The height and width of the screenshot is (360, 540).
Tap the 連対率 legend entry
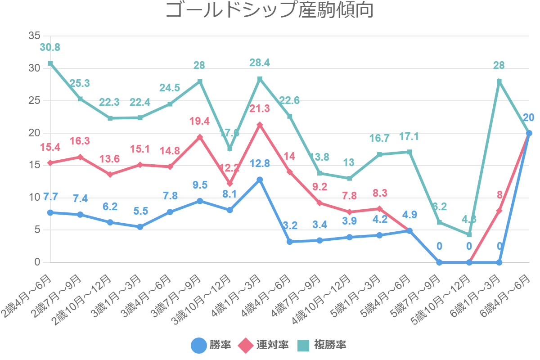(263, 345)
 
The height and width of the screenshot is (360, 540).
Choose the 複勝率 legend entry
(321, 345)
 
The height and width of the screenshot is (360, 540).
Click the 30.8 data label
(50, 47)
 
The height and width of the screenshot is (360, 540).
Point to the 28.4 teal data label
(260, 63)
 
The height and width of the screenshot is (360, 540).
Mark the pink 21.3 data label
(260, 108)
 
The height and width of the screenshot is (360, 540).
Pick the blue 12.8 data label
(260, 164)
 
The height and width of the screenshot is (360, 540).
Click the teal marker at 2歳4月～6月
(50, 63)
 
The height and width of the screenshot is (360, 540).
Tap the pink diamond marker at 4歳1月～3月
(260, 125)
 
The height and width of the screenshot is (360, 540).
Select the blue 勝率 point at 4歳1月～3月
(260, 180)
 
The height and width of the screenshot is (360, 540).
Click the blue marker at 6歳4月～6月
(529, 133)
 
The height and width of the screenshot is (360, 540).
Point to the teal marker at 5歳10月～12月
(469, 234)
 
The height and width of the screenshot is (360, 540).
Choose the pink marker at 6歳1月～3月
(499, 211)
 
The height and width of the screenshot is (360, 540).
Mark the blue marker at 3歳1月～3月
(140, 227)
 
